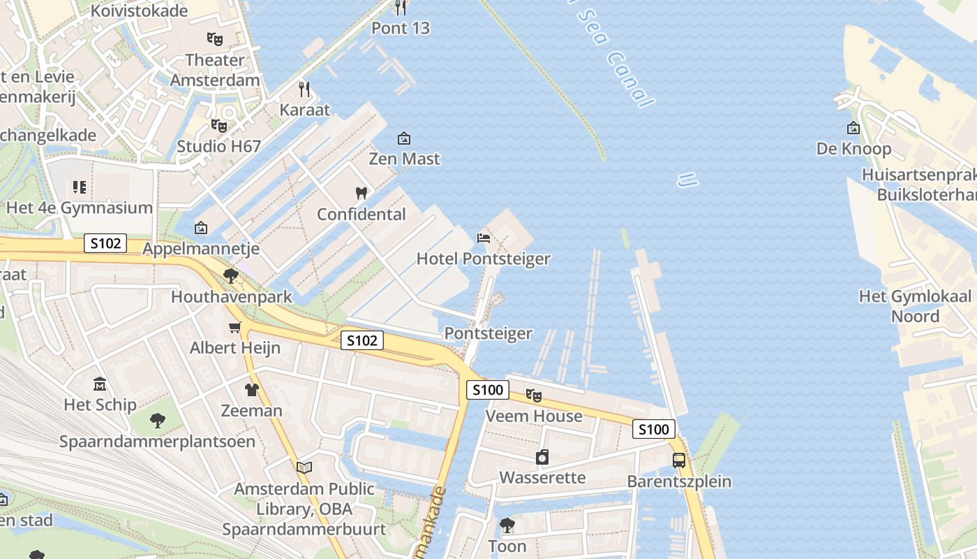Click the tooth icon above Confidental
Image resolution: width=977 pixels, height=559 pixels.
[361, 194]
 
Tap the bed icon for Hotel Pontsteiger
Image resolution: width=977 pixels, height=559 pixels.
[483, 238]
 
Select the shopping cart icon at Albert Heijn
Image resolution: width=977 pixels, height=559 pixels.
[235, 327]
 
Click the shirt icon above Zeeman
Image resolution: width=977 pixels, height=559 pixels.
[251, 390]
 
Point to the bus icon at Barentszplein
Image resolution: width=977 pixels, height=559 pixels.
[679, 460]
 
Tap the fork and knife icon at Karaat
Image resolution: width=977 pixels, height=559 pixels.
[304, 89]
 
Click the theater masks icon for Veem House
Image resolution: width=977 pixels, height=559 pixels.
[534, 395]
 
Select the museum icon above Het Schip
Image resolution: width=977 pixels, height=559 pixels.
[100, 384]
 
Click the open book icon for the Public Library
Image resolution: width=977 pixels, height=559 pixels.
[304, 467]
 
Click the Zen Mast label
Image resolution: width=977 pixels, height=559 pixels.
[404, 159]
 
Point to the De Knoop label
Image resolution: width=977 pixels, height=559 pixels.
[853, 149]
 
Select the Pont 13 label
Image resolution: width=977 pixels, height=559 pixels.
[401, 28]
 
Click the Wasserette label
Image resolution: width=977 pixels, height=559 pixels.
[542, 478]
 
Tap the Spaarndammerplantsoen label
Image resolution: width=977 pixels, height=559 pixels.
[157, 442]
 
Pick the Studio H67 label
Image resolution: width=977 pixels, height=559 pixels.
[218, 146]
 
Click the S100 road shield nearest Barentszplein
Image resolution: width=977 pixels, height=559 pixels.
[654, 429]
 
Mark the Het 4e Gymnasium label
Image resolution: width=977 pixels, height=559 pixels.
[79, 208]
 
